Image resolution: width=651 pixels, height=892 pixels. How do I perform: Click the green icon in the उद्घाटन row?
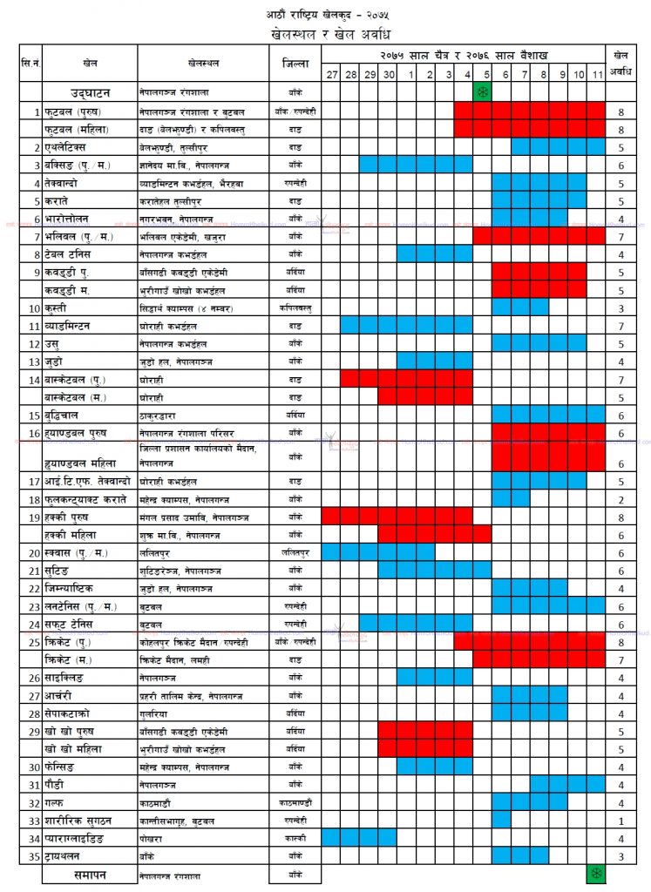pyautogui.click(x=483, y=91)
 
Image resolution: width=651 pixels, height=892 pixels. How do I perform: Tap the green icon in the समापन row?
pyautogui.click(x=596, y=874)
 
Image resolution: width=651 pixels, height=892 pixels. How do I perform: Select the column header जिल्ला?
pyautogui.click(x=294, y=64)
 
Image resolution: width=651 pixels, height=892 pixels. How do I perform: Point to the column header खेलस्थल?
pyautogui.click(x=203, y=64)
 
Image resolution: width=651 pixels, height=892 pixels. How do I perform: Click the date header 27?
pyautogui.click(x=331, y=75)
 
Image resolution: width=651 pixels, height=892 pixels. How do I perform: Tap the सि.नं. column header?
pyautogui.click(x=31, y=64)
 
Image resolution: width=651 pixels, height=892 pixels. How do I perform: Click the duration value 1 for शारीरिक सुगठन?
pyautogui.click(x=620, y=820)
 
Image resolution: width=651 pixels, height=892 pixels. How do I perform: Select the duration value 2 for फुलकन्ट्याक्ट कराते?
pyautogui.click(x=620, y=499)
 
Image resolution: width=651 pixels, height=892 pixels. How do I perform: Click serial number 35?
pyautogui.click(x=36, y=856)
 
